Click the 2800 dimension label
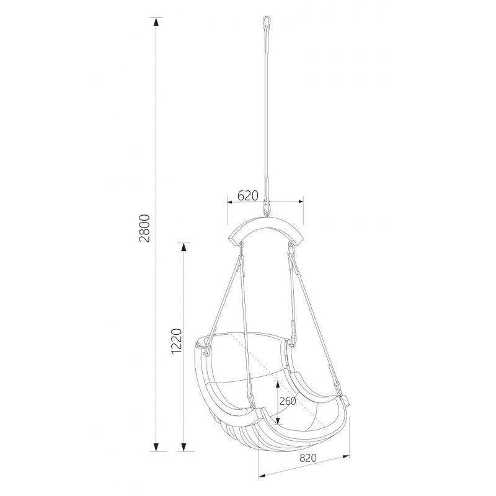pos(144,228)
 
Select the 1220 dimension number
pos(176,342)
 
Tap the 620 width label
pos(248,196)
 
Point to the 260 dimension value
pos(288,401)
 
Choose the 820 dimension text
pos(308,458)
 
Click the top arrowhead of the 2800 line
pos(156,22)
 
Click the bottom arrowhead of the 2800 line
pos(156,446)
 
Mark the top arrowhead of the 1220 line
pos(183,247)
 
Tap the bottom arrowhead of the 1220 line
pos(183,446)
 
